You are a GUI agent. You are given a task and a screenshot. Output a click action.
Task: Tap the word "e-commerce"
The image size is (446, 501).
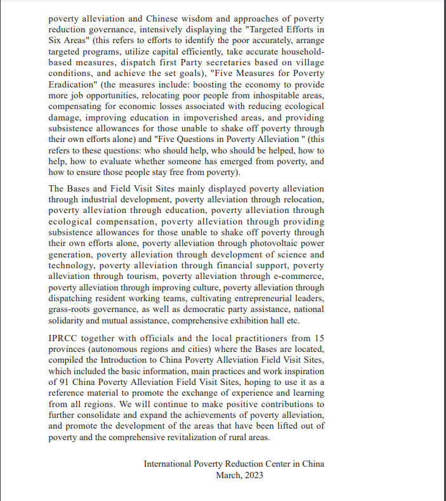[298, 277]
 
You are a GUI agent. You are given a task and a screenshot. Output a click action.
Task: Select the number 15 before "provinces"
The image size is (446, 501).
[318, 339]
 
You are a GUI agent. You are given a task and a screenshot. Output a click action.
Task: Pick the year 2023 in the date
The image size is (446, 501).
[251, 475]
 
